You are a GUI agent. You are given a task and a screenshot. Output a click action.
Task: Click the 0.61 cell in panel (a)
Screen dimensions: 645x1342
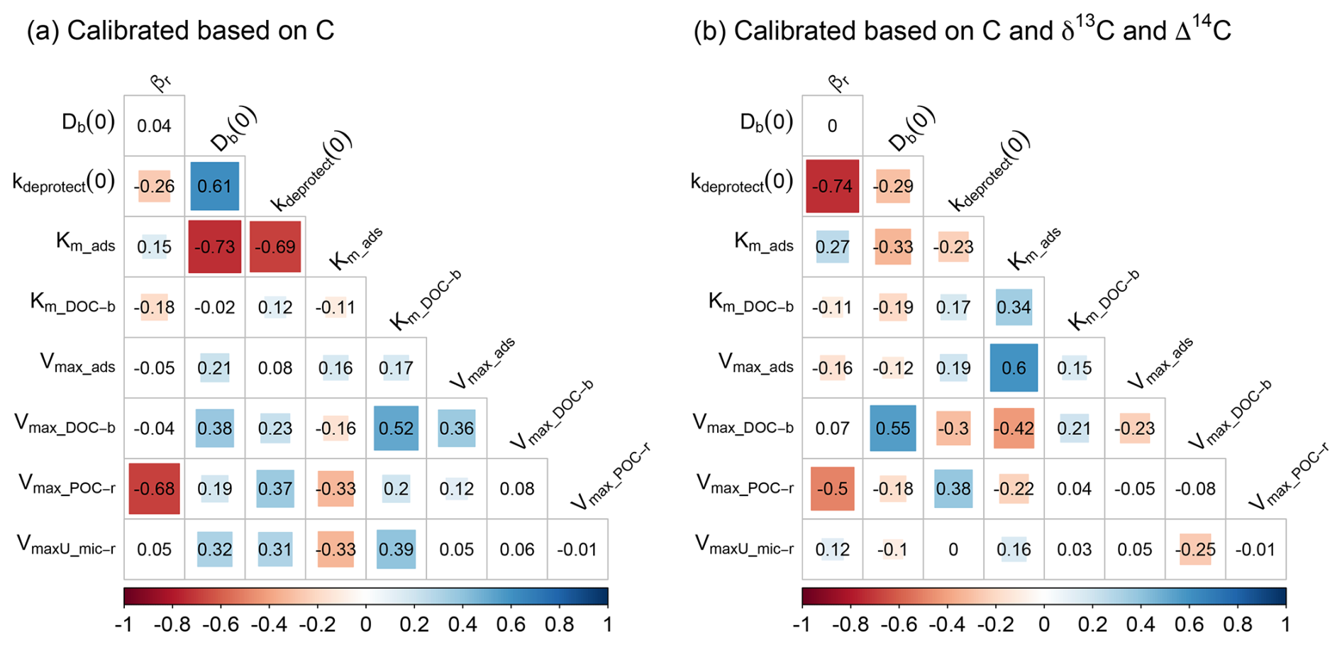(214, 186)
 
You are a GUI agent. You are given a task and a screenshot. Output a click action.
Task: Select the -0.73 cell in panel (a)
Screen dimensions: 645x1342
(214, 247)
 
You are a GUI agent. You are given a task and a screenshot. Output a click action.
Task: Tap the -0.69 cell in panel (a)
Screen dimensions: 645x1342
(275, 247)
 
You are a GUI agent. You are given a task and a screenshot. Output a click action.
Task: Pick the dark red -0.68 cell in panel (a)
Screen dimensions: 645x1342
(154, 489)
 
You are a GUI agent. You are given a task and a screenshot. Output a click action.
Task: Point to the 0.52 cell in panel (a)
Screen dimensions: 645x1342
(396, 428)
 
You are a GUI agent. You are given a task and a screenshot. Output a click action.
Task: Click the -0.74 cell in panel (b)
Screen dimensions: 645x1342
(832, 186)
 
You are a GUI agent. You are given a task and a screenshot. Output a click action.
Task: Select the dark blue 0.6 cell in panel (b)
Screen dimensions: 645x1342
(1014, 368)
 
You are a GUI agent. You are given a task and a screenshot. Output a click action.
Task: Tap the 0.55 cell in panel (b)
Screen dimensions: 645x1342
(892, 428)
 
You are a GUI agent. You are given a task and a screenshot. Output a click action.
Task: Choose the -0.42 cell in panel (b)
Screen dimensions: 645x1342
(1014, 428)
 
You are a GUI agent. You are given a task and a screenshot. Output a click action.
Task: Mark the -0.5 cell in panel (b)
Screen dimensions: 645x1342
(832, 489)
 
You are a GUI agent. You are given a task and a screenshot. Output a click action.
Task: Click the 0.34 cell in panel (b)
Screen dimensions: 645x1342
(1014, 307)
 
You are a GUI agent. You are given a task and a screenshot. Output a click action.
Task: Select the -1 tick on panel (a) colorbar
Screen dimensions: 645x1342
(123, 624)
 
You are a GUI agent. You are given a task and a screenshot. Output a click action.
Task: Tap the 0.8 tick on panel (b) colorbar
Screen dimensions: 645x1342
(1237, 624)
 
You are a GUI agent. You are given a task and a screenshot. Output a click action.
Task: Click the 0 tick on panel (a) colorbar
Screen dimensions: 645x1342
(366, 624)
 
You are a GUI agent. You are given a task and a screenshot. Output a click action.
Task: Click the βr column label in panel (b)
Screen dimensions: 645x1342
(838, 82)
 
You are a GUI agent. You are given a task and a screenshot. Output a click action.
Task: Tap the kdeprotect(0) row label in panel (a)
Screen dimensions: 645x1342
(64, 182)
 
